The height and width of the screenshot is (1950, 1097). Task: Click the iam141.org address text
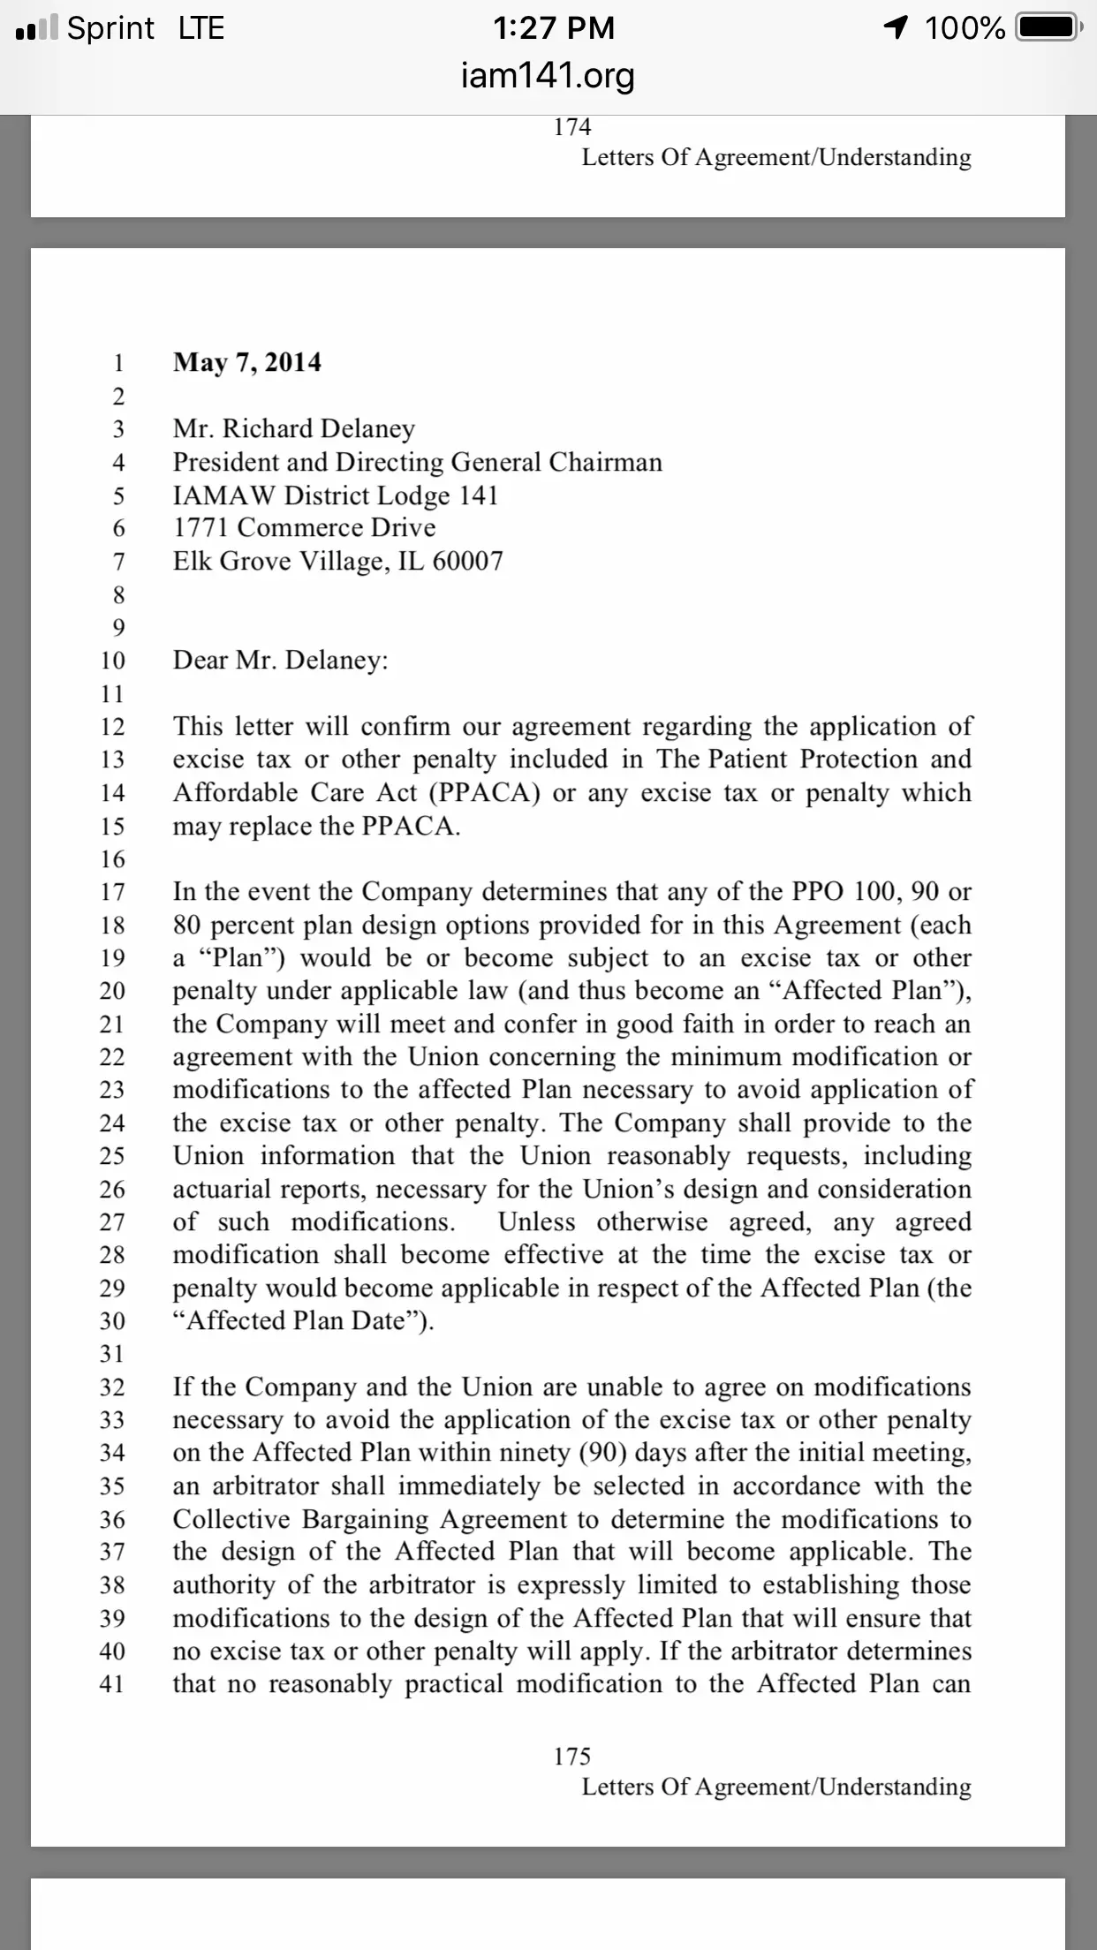click(548, 75)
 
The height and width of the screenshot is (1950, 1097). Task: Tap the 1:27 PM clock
click(554, 28)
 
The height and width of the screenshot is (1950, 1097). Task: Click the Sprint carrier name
click(110, 28)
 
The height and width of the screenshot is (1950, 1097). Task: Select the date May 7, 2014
click(247, 362)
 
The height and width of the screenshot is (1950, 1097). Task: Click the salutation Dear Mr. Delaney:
click(280, 661)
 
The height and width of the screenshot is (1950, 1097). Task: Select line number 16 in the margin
click(112, 859)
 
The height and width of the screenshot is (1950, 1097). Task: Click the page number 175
click(571, 1757)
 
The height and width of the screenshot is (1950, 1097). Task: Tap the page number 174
click(571, 127)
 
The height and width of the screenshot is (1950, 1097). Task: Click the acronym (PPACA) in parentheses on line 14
click(484, 793)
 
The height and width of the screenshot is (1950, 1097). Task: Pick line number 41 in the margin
click(112, 1684)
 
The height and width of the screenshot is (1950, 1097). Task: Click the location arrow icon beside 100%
click(896, 28)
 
